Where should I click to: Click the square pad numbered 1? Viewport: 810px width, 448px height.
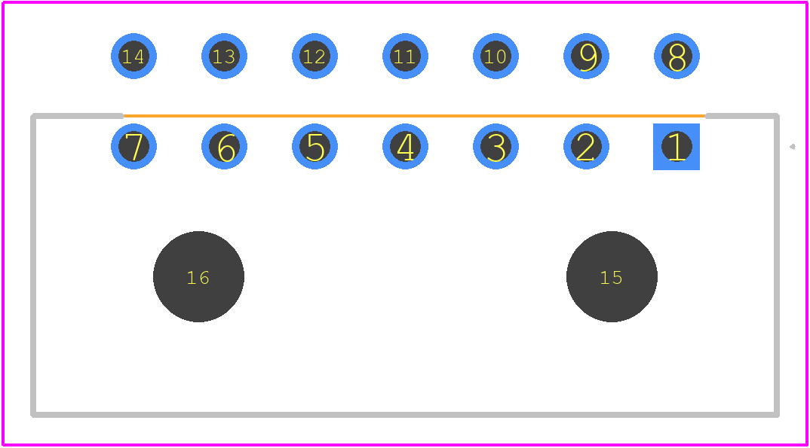coord(677,146)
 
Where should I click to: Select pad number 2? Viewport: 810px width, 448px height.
coord(586,146)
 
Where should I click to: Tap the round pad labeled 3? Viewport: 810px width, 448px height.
coord(496,146)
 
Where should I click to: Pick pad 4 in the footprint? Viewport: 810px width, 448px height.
coord(405,146)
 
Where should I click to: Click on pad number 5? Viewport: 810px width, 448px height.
coord(314,146)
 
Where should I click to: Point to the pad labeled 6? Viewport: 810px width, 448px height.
coord(224,146)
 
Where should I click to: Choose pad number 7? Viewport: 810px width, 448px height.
coord(133,146)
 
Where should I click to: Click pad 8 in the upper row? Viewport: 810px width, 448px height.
coord(677,56)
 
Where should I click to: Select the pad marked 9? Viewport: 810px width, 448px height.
coord(586,56)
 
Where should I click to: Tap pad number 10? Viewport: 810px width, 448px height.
coord(496,56)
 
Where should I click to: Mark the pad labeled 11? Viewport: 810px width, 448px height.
coord(405,56)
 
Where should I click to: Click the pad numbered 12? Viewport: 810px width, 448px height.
coord(314,56)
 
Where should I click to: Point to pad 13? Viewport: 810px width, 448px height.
coord(224,56)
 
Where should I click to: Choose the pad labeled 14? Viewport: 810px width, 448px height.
coord(133,56)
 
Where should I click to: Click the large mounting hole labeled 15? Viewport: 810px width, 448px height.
coord(612,276)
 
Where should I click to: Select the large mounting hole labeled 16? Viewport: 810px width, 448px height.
coord(198,276)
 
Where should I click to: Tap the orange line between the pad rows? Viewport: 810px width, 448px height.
coord(414,116)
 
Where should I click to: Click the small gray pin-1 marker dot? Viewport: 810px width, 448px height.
coord(793,147)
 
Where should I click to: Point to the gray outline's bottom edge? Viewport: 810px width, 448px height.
coord(405,414)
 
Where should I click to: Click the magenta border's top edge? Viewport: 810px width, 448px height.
coord(405,2)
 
